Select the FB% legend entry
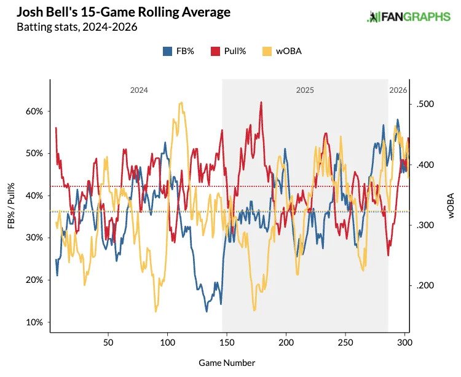point(179,52)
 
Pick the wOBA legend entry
point(280,52)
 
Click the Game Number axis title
point(228,363)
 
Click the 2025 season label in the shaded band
point(305,90)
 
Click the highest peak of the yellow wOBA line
point(181,103)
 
